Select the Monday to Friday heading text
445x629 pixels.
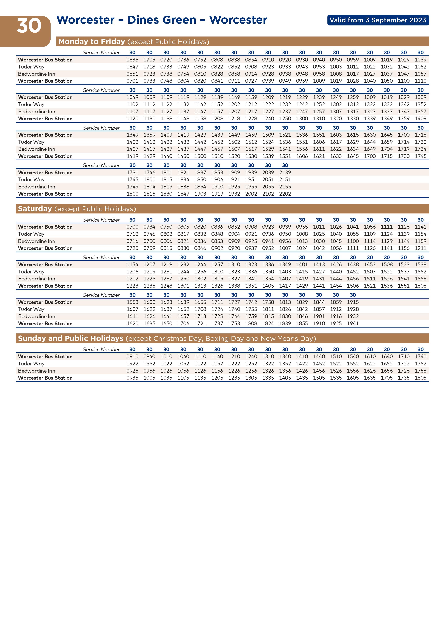pos(91,42)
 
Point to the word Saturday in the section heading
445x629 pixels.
pos(35,209)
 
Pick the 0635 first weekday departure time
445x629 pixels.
pos(132,60)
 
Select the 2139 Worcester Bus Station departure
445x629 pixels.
pos(285,173)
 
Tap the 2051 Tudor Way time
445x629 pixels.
pos(268,179)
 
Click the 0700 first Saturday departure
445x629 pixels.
pos(132,227)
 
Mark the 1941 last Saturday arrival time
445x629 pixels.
pos(353,323)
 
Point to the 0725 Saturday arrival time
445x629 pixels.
pos(132,248)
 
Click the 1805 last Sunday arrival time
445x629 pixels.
pos(420,378)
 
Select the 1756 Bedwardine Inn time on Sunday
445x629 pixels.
pos(420,371)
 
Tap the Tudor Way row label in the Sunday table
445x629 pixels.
pos(31,363)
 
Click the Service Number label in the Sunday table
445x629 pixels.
pos(101,350)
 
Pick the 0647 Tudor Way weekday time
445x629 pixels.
pos(132,67)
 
